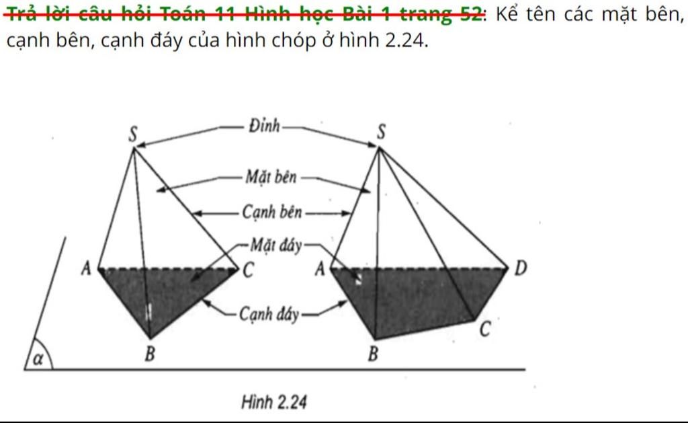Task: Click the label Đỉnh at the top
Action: (264, 126)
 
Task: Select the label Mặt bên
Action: (271, 177)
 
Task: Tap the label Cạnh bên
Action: (271, 213)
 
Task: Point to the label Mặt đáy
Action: (276, 245)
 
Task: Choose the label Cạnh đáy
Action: (269, 314)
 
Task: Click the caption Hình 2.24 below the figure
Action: (274, 402)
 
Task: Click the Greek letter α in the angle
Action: (38, 358)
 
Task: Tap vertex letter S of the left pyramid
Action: (133, 134)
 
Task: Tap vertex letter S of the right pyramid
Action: (382, 131)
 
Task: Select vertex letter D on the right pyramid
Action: (520, 268)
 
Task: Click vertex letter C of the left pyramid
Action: (248, 270)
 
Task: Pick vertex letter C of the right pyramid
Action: (484, 329)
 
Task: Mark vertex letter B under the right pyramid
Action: (372, 354)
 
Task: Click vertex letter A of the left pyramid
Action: (86, 268)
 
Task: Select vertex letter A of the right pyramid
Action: (320, 268)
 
